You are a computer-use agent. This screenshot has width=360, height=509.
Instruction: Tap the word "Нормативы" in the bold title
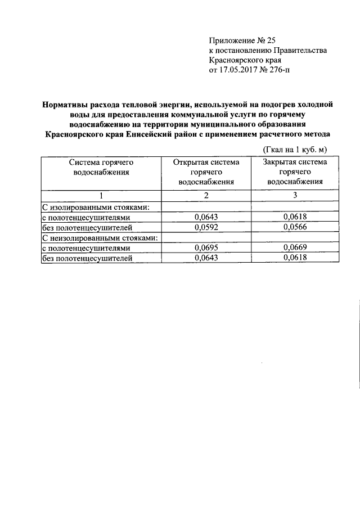pos(66,104)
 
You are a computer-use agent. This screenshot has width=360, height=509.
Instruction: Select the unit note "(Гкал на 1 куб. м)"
pos(295,149)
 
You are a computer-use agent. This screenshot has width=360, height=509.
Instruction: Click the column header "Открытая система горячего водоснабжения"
pos(206,172)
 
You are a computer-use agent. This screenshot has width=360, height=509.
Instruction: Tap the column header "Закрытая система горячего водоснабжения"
pos(295,172)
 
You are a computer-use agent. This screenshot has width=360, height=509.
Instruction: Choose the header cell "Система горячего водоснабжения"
pos(101,167)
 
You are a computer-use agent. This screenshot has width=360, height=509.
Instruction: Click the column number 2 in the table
pos(206,196)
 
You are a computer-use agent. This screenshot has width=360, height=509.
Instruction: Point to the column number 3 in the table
pos(295,196)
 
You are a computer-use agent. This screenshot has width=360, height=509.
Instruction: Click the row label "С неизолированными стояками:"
pos(100,237)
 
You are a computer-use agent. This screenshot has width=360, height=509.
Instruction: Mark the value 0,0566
pos(295,227)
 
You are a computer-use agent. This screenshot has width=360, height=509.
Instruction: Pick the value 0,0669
pos(295,247)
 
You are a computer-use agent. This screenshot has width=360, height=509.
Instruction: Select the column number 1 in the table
pos(101,196)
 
